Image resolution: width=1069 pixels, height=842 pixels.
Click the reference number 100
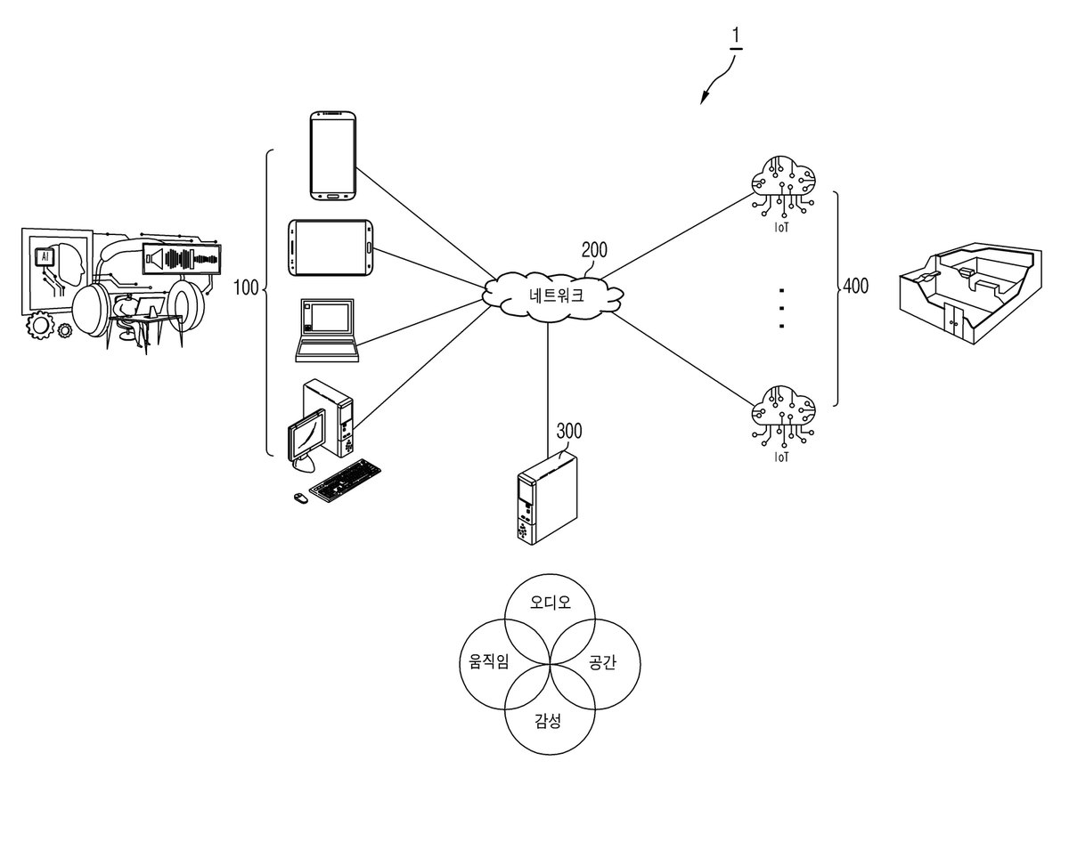coord(247,288)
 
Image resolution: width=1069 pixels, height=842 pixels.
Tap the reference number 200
coord(594,250)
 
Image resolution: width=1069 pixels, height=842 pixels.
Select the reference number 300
coord(568,432)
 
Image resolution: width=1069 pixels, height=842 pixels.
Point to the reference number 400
coord(856,286)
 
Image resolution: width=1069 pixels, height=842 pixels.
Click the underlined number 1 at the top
coord(736,37)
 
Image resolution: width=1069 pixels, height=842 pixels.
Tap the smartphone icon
coord(333,156)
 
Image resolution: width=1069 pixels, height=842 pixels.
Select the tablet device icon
coord(330,247)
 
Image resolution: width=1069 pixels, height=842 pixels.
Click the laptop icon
coord(327,330)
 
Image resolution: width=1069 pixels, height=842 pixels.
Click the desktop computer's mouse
coord(300,498)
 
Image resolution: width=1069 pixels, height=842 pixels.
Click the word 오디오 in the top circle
coord(550,603)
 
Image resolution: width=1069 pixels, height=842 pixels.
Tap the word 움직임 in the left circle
coord(489,661)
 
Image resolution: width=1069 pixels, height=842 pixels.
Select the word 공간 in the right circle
coord(602,662)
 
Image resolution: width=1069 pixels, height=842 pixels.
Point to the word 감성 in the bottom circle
coord(549,720)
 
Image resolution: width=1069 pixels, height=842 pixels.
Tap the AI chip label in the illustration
coord(45,256)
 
